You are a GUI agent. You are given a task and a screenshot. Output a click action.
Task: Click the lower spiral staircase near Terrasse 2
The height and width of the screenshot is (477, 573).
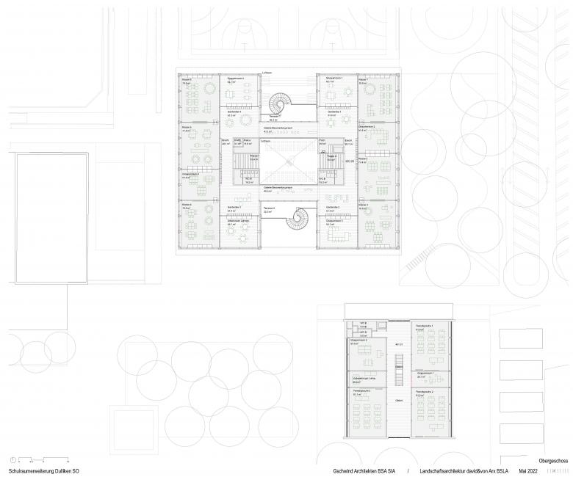(x=300, y=218)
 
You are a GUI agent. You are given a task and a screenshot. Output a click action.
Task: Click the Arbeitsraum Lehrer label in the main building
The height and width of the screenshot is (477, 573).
(x=235, y=221)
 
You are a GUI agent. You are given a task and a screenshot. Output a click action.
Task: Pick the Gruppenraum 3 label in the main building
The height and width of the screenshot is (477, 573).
(x=334, y=221)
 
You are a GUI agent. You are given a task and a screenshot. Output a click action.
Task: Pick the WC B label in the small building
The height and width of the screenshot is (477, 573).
(x=363, y=324)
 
